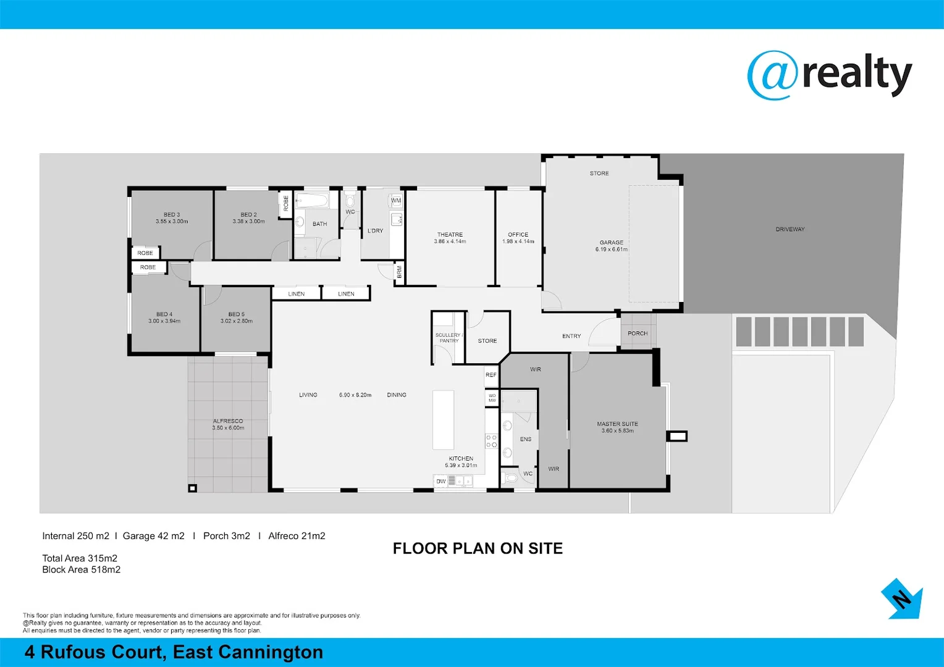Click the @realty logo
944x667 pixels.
point(829,75)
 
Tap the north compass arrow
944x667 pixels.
point(903,598)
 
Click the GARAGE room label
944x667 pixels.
point(611,243)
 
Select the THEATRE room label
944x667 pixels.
point(450,235)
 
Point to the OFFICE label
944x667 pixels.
point(518,235)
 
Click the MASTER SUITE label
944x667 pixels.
point(617,424)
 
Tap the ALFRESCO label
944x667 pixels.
point(228,421)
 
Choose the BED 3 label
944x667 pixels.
point(172,215)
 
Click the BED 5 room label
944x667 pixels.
point(236,314)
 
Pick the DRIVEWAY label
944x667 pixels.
point(790,229)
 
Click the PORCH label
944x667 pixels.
point(638,333)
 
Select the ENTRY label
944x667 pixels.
point(571,336)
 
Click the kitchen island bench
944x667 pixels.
point(443,419)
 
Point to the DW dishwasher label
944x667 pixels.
point(441,481)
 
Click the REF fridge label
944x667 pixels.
point(491,375)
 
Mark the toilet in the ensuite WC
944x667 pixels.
point(511,478)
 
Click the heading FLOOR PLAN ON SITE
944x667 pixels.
point(478,548)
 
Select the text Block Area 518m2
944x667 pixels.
point(81,569)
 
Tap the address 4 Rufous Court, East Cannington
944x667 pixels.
point(174,652)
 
